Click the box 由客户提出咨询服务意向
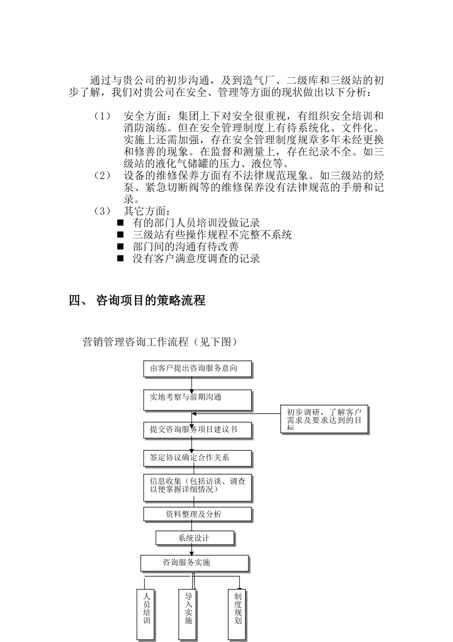coord(197,369)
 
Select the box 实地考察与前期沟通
coord(197,400)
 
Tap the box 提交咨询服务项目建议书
coord(197,430)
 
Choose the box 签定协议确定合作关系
coord(197,458)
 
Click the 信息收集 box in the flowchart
coord(197,487)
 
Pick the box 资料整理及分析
coord(197,514)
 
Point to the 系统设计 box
coord(195,538)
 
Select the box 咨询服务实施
coord(194,563)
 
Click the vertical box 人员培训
coord(146,614)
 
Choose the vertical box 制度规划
coord(238,614)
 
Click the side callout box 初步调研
coord(324,419)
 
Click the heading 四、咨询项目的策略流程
coord(137,300)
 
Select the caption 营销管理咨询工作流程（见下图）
coord(160,342)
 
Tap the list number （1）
coord(102,117)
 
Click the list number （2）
coord(102,176)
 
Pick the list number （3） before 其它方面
coord(102,211)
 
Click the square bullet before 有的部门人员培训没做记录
coord(120,223)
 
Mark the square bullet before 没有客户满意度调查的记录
coord(120,259)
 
